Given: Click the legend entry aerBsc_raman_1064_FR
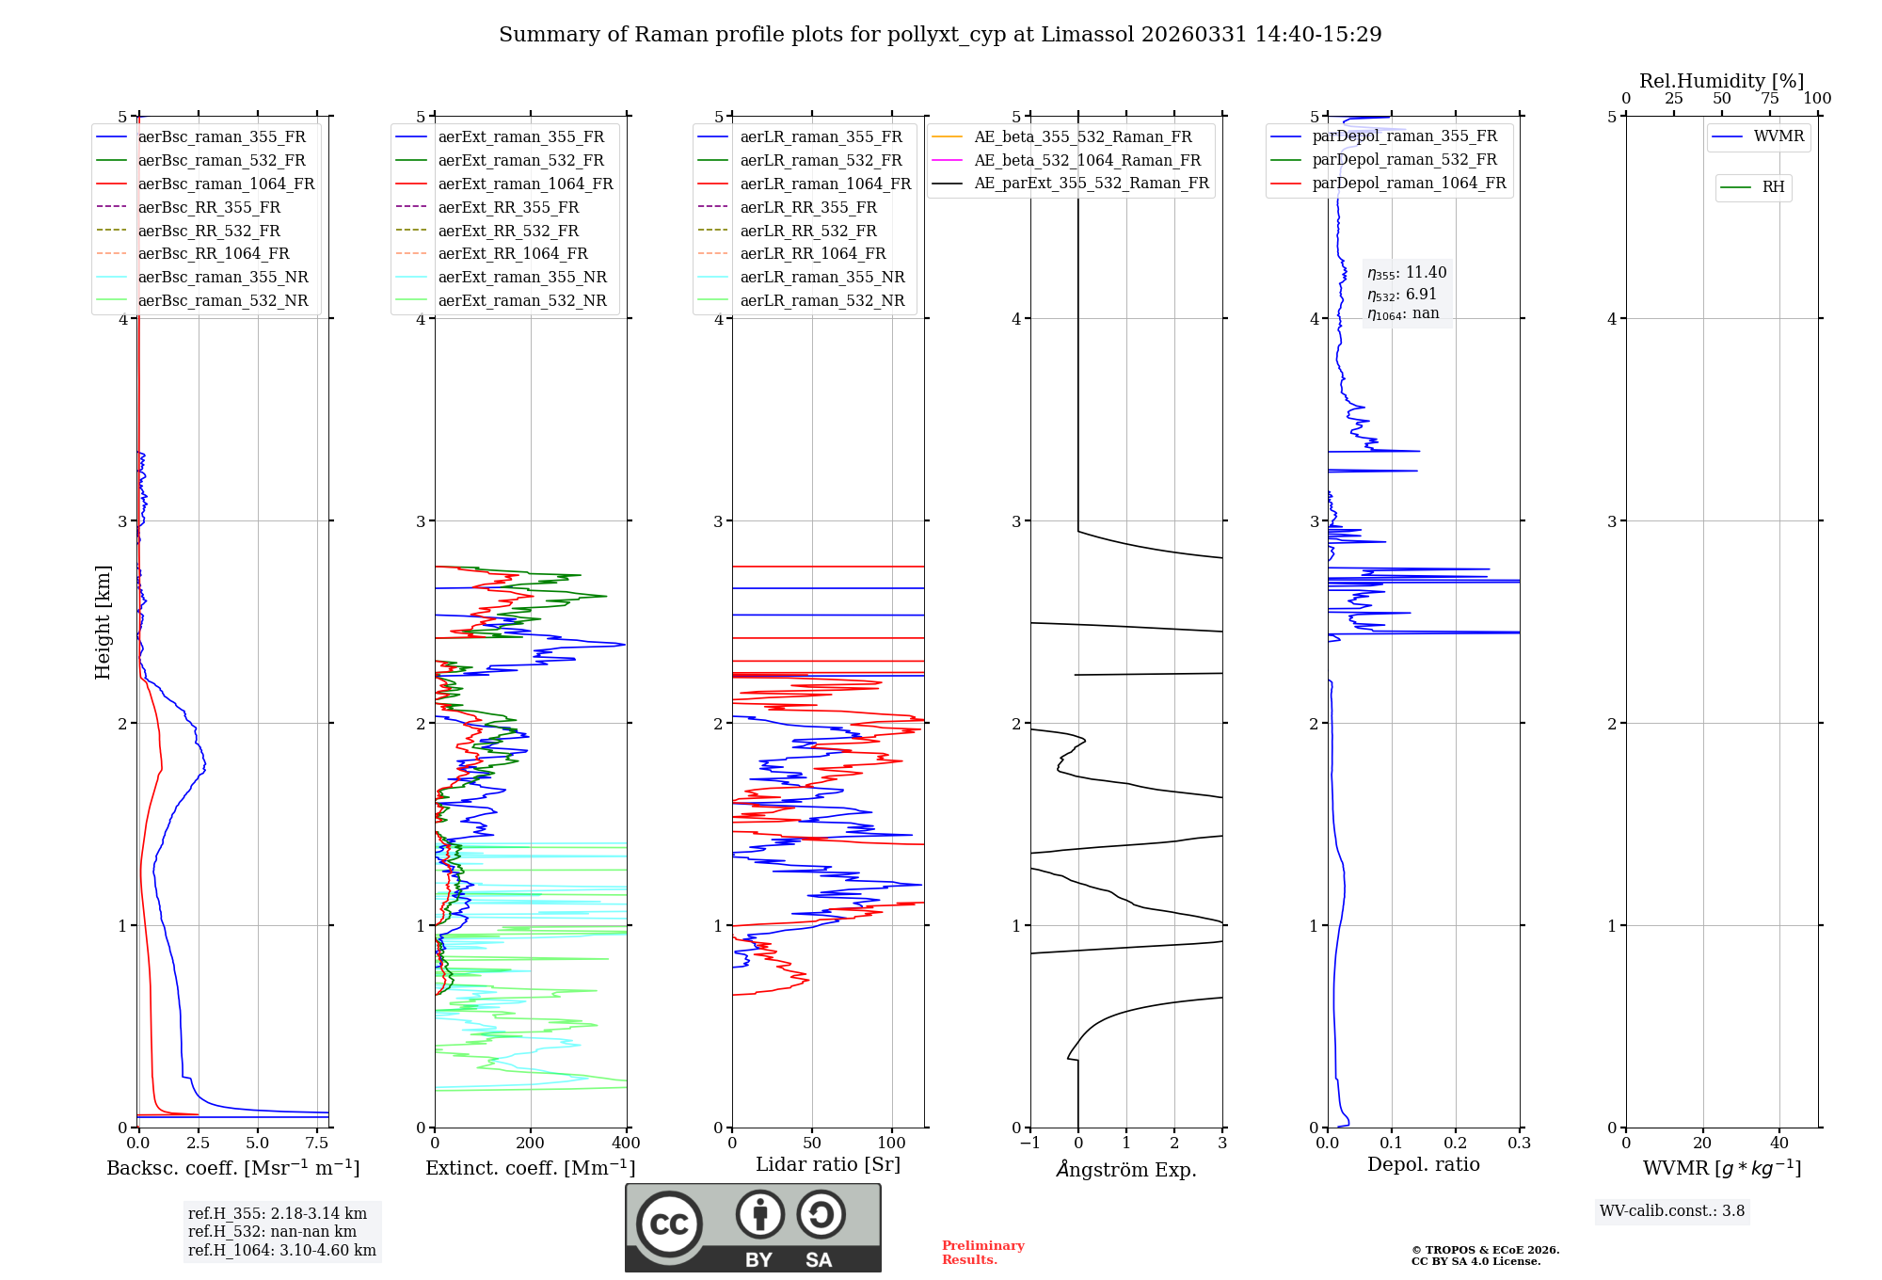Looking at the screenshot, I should (x=226, y=184).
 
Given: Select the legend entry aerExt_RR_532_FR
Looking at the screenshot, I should (x=508, y=231).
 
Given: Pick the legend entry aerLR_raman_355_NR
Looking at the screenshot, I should (x=821, y=277).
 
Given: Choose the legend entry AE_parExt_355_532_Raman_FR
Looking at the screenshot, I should (x=1092, y=183).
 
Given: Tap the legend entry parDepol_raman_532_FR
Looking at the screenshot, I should (x=1404, y=160).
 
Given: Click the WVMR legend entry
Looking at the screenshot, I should (x=1778, y=136).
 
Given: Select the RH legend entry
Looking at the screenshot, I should (x=1773, y=187).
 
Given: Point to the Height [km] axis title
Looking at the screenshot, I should (x=103, y=622).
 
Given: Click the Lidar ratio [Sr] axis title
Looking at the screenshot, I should (x=827, y=1164).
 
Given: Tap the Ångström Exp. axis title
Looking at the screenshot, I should (x=1126, y=1169).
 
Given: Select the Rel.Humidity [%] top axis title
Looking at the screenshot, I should (x=1721, y=81).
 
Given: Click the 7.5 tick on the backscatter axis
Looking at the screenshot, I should (x=317, y=1144).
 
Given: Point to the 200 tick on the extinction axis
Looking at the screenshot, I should (x=531, y=1144).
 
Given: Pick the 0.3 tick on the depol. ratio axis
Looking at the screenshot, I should (x=1519, y=1144).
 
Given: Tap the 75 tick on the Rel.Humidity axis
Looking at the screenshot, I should (x=1770, y=99).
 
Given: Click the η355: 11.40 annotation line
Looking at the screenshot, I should (x=1407, y=273).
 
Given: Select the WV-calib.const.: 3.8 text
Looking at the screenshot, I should (x=1672, y=1211).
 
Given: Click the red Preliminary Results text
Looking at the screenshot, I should (x=982, y=1253).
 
